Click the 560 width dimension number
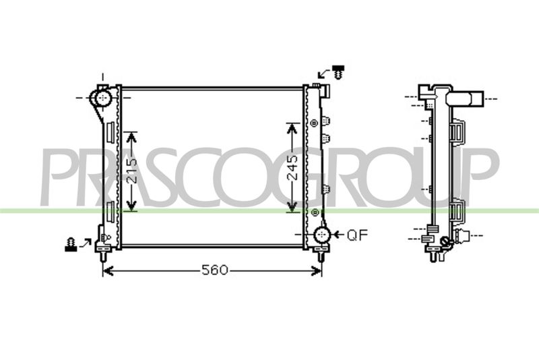coord(214,270)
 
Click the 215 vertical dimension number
coord(131,171)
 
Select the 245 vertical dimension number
coord(292,167)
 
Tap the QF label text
coord(357,235)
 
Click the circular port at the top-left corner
coord(102,98)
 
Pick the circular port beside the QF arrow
coord(322,235)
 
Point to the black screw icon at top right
coord(339,72)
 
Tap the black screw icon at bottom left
coord(71,244)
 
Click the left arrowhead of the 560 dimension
coord(108,271)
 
